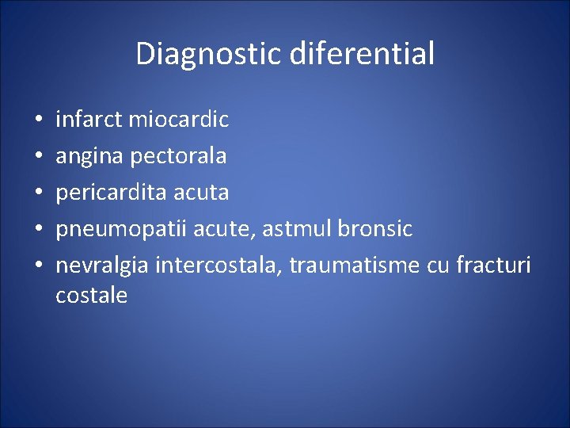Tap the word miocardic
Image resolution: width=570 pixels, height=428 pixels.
click(x=178, y=120)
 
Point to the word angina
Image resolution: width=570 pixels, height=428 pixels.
click(x=89, y=156)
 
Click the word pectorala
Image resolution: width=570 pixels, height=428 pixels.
click(x=178, y=156)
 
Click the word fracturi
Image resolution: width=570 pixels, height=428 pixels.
click(x=493, y=266)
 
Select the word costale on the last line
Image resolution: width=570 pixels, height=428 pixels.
click(x=91, y=296)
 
